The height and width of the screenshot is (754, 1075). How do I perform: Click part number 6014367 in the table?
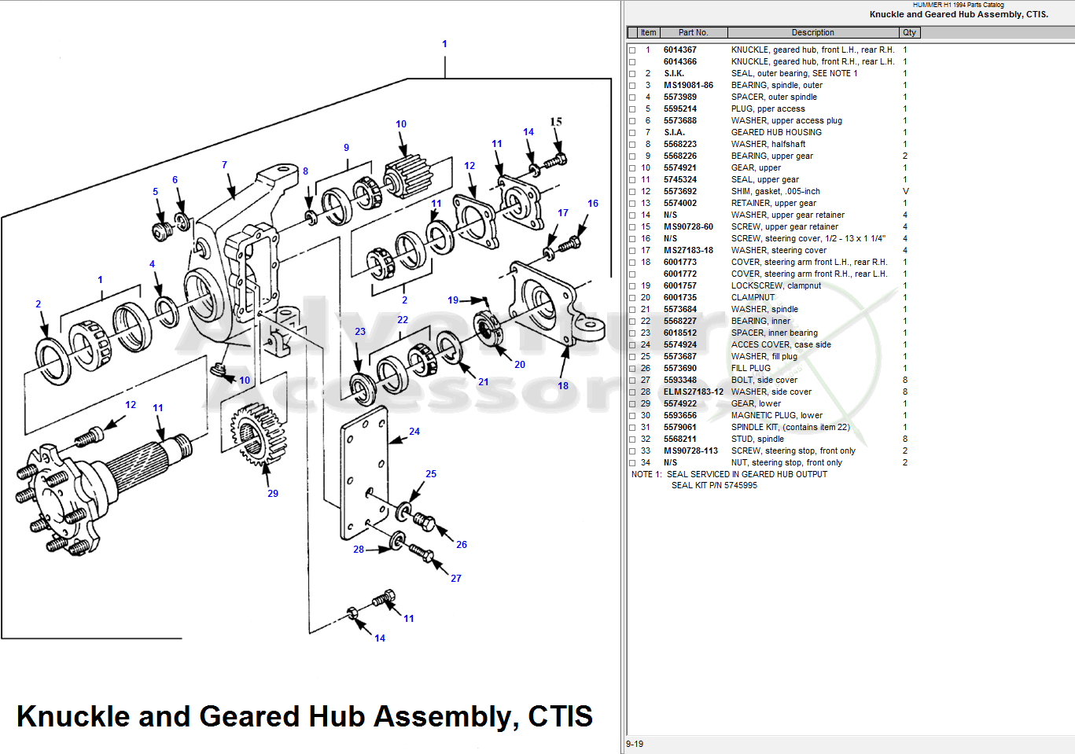point(679,50)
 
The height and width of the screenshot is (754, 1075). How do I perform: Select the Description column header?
point(812,32)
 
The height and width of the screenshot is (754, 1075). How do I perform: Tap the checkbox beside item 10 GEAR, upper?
point(632,168)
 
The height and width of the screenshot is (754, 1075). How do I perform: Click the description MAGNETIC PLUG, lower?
point(776,415)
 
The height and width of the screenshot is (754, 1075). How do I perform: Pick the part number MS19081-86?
point(688,85)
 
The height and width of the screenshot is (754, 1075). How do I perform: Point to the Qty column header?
point(909,32)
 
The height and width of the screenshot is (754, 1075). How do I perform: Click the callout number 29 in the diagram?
point(273,494)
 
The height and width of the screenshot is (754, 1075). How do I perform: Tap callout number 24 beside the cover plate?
point(414,432)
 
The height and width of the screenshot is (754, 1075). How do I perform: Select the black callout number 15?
point(556,122)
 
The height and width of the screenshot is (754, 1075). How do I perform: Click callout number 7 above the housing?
point(224,165)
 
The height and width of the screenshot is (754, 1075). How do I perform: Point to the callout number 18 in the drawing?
point(563,386)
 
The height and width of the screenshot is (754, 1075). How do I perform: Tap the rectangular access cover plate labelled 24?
point(364,472)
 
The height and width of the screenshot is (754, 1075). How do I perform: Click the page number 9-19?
point(635,744)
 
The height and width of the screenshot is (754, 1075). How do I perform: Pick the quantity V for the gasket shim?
point(905,191)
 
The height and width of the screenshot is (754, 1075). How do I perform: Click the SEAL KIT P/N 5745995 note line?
point(713,485)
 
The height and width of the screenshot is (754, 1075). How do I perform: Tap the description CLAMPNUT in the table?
point(753,297)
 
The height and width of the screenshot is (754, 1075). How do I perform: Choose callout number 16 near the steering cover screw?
point(593,204)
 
